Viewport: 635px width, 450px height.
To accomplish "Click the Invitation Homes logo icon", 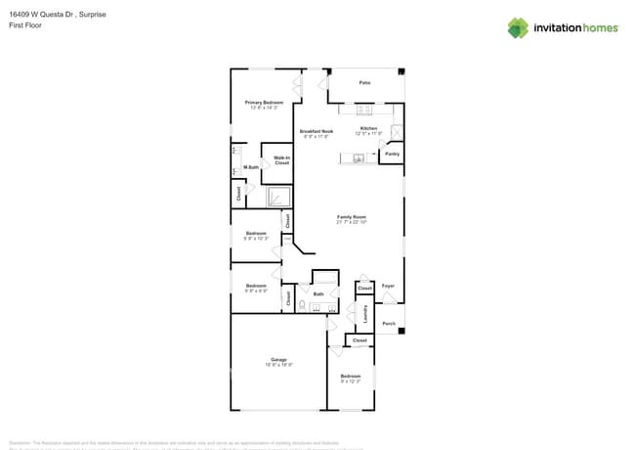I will pyautogui.click(x=518, y=27).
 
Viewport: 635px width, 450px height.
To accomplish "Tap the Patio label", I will pyautogui.click(x=364, y=83).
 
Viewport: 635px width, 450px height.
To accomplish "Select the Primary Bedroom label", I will pyautogui.click(x=264, y=103).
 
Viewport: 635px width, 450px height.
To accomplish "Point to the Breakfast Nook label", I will pyautogui.click(x=317, y=131).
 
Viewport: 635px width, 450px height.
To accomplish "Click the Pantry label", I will pyautogui.click(x=392, y=154).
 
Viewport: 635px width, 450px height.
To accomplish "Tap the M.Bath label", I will pyautogui.click(x=251, y=167).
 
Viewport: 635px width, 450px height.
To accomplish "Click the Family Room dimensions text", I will pyautogui.click(x=352, y=222).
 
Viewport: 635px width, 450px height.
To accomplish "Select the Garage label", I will pyautogui.click(x=278, y=360).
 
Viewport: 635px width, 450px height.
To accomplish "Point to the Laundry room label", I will pyautogui.click(x=365, y=314).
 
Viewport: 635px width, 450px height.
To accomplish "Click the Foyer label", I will pyautogui.click(x=388, y=287).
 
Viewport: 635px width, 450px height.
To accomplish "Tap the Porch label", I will pyautogui.click(x=389, y=323).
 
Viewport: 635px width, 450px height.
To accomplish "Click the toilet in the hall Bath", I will pyautogui.click(x=302, y=306).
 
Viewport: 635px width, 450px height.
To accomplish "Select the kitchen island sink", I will pyautogui.click(x=359, y=157).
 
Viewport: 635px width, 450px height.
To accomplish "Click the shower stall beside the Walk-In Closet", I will pyautogui.click(x=280, y=197).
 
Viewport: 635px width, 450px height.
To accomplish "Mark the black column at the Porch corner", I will pyautogui.click(x=402, y=331).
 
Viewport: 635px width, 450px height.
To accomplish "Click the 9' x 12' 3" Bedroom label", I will pyautogui.click(x=350, y=378).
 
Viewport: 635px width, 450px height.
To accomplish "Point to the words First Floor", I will pyautogui.click(x=24, y=25).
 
